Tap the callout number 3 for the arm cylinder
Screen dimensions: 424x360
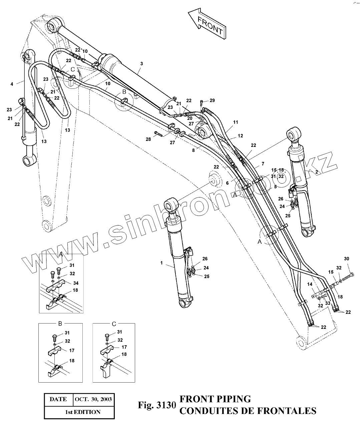141,63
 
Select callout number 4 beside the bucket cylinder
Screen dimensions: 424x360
12,84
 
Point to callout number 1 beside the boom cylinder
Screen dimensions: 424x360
161,263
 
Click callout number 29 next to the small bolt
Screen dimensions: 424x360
213,100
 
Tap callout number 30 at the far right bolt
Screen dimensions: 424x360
346,259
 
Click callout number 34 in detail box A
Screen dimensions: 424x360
76,283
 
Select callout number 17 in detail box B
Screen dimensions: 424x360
72,351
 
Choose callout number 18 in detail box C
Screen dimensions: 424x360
124,354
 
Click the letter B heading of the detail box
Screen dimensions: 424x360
60,324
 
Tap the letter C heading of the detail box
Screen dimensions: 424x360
114,324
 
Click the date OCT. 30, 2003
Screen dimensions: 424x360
93,399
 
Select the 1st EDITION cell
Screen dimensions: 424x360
82,412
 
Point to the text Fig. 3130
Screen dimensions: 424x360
156,405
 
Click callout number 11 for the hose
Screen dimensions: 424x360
236,123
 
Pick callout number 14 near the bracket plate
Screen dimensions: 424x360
310,285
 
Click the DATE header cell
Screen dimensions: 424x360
58,399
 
